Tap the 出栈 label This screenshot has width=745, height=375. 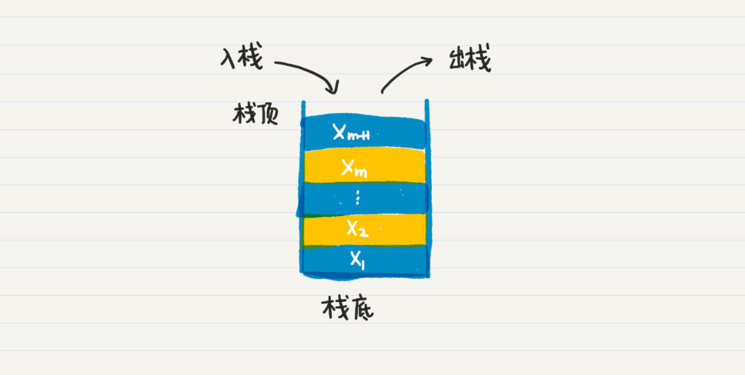point(470,61)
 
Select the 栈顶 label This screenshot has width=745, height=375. point(255,115)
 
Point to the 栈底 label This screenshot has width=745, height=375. point(347,308)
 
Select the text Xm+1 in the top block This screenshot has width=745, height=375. point(351,133)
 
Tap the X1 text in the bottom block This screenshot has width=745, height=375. point(357,260)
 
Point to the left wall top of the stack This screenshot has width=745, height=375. point(303,102)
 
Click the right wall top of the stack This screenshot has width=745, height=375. point(427,101)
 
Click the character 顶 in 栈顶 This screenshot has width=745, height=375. point(266,115)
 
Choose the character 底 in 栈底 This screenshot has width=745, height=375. point(361,309)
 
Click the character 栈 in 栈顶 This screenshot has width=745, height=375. point(243,114)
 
